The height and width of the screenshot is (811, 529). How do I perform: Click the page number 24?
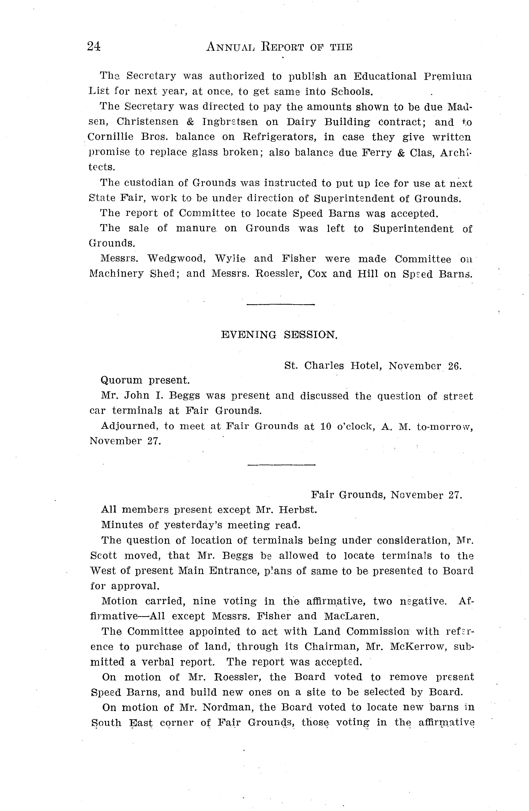click(94, 46)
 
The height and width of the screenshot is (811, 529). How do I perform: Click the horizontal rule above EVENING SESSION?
click(280, 304)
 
